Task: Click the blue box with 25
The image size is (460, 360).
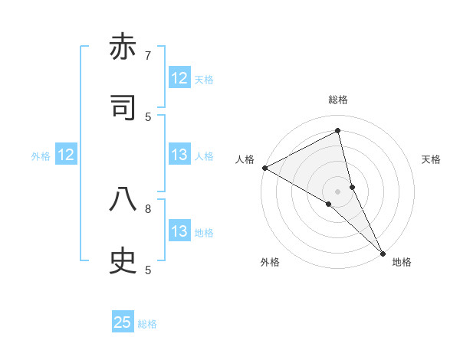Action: pyautogui.click(x=123, y=322)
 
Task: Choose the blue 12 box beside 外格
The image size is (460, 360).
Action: pyautogui.click(x=66, y=155)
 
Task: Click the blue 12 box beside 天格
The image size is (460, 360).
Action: pyautogui.click(x=179, y=78)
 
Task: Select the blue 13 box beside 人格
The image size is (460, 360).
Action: pyautogui.click(x=179, y=155)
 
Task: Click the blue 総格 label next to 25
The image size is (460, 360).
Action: pyautogui.click(x=147, y=324)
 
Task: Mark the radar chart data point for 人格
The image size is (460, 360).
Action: pyautogui.click(x=264, y=168)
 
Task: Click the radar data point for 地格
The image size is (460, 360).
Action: pyautogui.click(x=383, y=252)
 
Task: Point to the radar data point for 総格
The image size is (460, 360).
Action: pyautogui.click(x=337, y=131)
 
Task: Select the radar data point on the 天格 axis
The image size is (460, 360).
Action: pyautogui.click(x=352, y=187)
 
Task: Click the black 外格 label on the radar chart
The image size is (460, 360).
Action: pyautogui.click(x=270, y=262)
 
